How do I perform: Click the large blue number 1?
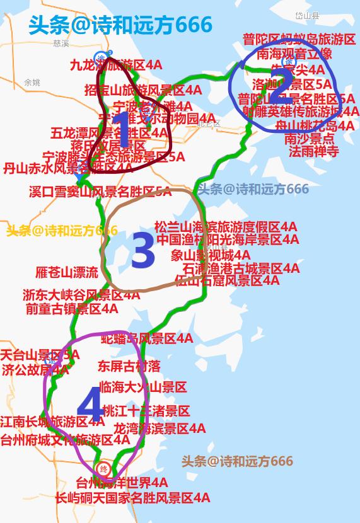(124, 131)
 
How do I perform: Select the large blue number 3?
(142, 251)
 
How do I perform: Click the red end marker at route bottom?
(104, 469)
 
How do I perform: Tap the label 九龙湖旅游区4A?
(116, 64)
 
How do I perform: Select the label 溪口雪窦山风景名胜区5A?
(100, 192)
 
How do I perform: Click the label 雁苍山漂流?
(67, 272)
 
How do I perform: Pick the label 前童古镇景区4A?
(71, 309)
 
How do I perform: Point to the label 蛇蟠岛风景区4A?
(148, 339)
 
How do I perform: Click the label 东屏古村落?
(129, 365)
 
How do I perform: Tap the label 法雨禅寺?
(314, 151)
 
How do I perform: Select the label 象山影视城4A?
(211, 255)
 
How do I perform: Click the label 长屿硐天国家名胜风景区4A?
(132, 498)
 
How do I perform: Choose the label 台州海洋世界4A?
(122, 483)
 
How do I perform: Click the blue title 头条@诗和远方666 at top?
(120, 25)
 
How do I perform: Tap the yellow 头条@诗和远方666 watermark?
(62, 231)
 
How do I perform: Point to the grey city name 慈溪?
(61, 43)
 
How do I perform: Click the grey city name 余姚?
(32, 83)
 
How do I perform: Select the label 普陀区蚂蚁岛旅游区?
(299, 40)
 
